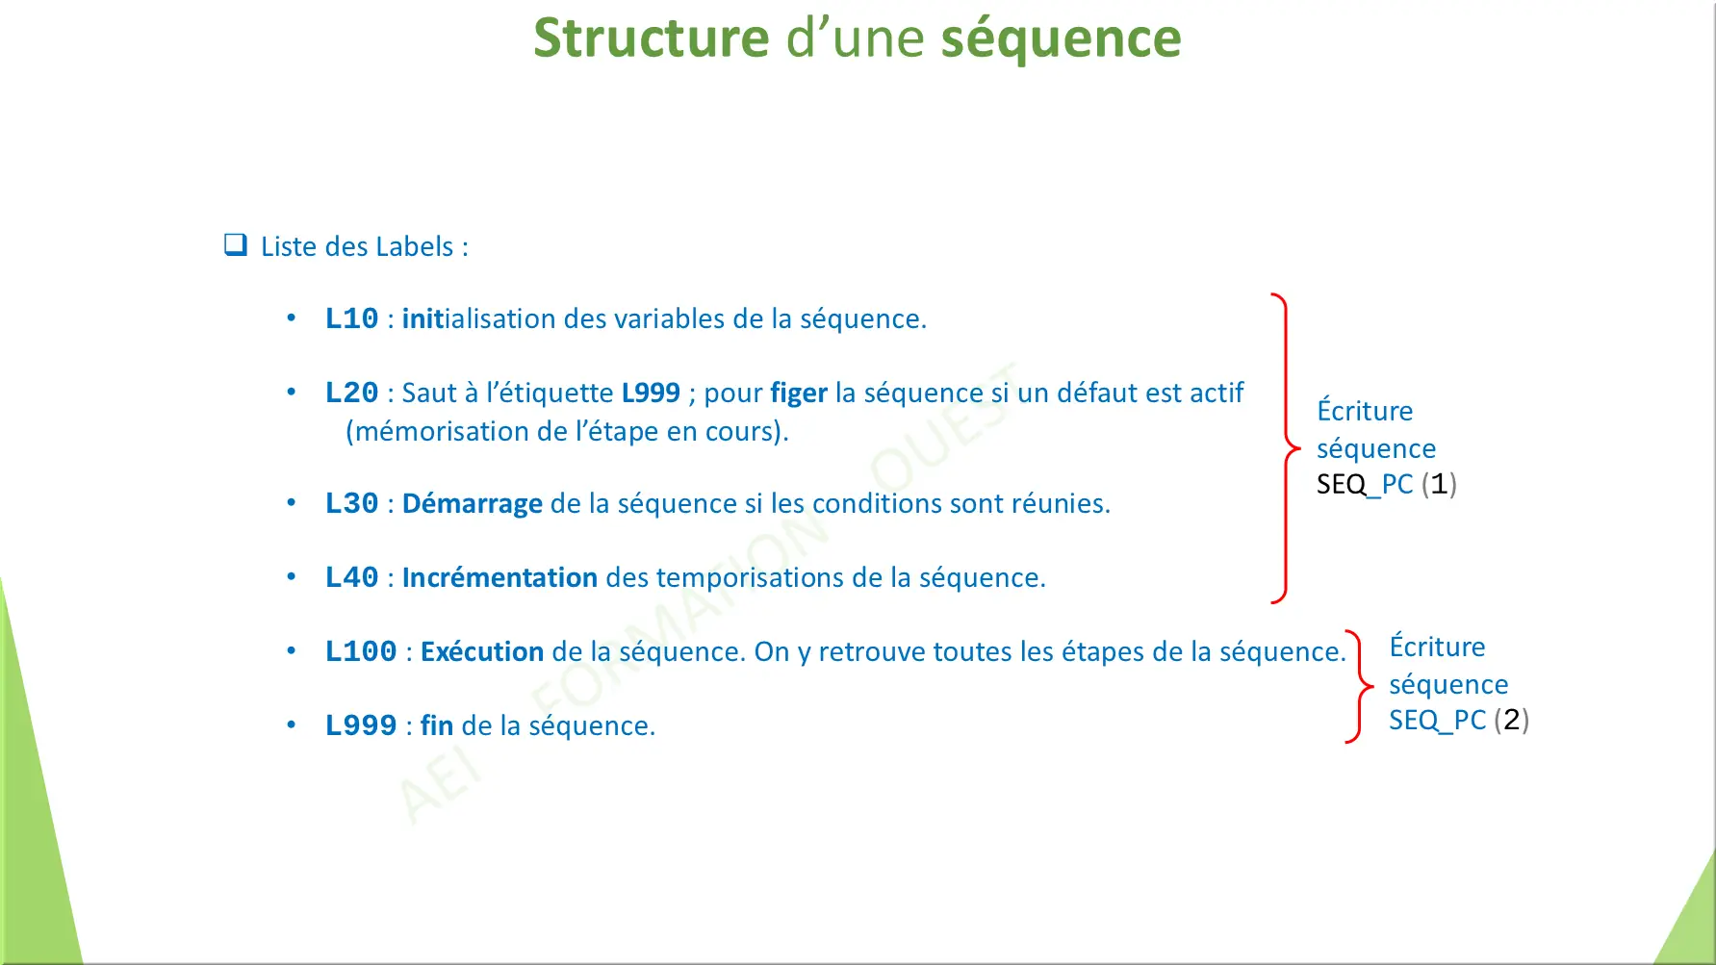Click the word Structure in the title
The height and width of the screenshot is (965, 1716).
(651, 38)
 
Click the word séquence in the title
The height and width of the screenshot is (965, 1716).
(1061, 40)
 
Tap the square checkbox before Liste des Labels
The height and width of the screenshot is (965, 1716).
(236, 245)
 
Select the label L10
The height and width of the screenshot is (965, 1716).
(351, 318)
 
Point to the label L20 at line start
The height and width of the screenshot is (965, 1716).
(351, 393)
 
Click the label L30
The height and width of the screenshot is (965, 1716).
(351, 503)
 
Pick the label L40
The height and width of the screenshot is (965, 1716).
(351, 577)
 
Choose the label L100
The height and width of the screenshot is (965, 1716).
(361, 651)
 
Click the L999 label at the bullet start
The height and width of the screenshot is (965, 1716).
(361, 725)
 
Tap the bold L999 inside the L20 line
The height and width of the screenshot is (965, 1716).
(651, 393)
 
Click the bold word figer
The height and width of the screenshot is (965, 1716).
(799, 393)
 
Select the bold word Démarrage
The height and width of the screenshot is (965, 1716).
(472, 503)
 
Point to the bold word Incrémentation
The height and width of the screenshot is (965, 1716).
(499, 577)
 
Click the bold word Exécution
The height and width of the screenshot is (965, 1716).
(482, 651)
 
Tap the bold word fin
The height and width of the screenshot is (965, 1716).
(437, 725)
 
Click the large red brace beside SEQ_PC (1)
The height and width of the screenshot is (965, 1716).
(1286, 448)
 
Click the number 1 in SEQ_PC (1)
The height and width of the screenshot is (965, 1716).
(1439, 484)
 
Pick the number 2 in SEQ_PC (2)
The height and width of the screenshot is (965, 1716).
(1511, 720)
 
